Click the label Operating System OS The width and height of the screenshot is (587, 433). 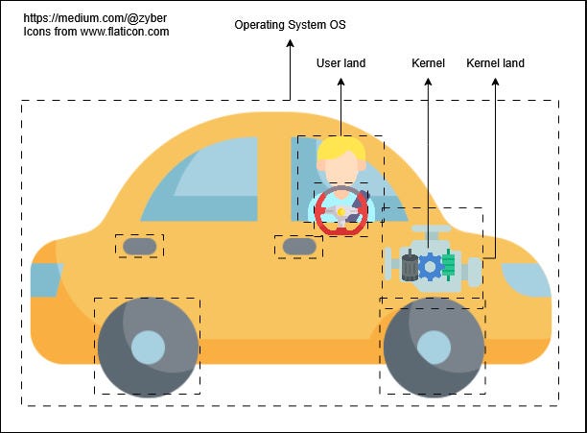290,25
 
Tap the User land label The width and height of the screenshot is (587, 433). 340,63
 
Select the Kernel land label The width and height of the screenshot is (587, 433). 495,63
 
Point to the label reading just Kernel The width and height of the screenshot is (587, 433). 428,63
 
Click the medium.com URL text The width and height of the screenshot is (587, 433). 95,18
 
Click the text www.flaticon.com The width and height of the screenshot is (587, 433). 125,32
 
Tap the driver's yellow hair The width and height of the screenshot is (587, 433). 341,149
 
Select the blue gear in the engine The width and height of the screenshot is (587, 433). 430,267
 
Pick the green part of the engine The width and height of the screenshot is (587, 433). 448,264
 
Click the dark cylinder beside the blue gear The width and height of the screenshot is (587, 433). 410,266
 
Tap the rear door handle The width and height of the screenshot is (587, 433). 140,246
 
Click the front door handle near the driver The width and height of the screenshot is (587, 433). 299,247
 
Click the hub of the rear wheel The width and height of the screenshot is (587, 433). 148,348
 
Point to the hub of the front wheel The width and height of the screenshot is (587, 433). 434,348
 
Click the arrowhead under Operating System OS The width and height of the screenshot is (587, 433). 290,43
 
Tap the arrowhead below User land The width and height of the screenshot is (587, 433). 340,82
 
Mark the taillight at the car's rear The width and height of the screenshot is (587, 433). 46,280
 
